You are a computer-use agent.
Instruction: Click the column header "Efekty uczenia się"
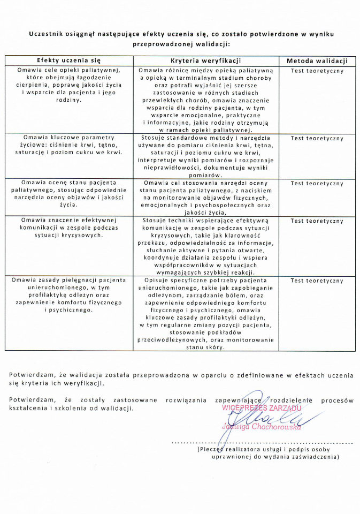tap(69, 61)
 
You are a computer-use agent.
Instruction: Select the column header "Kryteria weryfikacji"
tap(206, 61)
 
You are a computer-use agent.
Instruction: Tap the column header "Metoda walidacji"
tap(317, 61)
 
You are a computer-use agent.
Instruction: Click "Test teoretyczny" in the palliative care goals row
tap(317, 71)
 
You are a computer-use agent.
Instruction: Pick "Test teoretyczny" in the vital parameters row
tap(317, 138)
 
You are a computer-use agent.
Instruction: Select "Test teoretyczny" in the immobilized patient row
tap(317, 281)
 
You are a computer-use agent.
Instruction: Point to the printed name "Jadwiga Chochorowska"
tap(262, 427)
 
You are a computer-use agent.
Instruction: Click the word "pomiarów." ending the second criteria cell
tap(206, 175)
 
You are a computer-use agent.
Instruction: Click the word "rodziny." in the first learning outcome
tap(69, 100)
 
